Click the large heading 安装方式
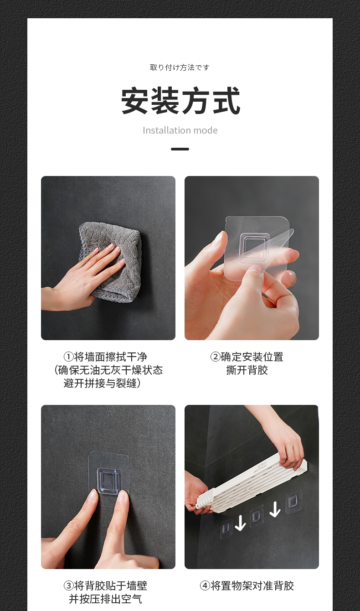[x=180, y=101]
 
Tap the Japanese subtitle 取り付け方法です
[x=180, y=67]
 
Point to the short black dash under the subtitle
[x=180, y=149]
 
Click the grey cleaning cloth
[x=112, y=259]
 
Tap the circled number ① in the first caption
[x=69, y=357]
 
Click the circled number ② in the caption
[x=215, y=357]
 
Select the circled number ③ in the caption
[x=69, y=585]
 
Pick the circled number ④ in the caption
[x=205, y=585]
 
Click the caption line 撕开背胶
[x=247, y=370]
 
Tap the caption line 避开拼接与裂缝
[x=102, y=383]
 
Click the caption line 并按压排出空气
[x=105, y=599]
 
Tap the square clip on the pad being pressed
[x=108, y=481]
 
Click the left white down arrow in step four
[x=240, y=523]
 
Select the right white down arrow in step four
[x=275, y=509]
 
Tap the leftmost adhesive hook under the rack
[x=226, y=528]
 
